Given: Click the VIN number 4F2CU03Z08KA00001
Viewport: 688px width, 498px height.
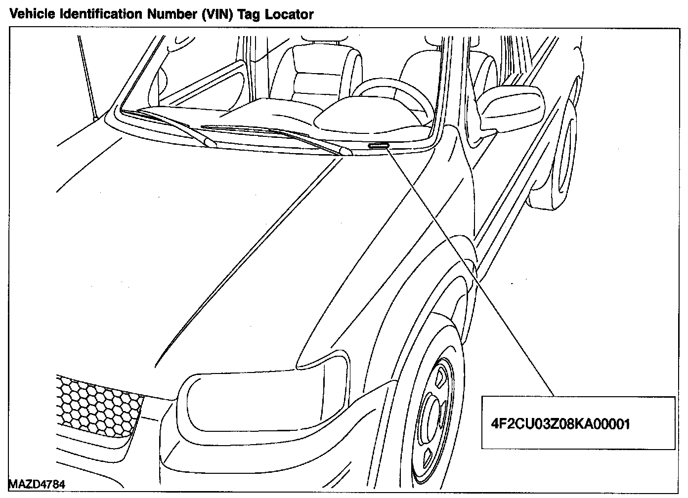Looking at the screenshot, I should tap(560, 423).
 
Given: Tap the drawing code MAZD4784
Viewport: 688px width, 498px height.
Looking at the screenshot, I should tap(37, 484).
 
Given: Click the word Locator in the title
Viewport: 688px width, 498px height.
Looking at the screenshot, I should tap(289, 14).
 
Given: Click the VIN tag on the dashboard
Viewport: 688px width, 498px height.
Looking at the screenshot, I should tap(378, 145).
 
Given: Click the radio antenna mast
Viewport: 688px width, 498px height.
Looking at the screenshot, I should tap(86, 79).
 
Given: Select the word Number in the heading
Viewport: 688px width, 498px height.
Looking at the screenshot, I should tap(170, 14).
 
